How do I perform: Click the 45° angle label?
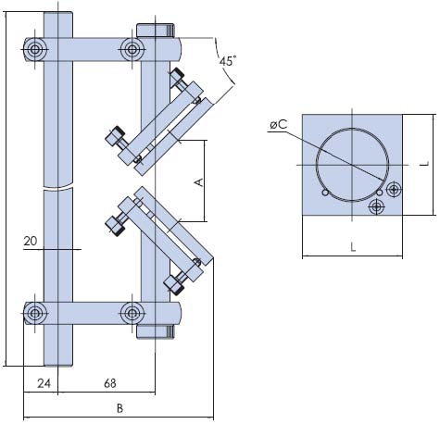coord(228,61)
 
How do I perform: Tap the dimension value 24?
coord(44,383)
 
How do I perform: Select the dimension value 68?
coord(110,383)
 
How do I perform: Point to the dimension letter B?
coord(119,408)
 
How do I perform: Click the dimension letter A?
coord(200,182)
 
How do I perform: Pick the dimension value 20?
coord(31,241)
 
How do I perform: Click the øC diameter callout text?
coord(278,125)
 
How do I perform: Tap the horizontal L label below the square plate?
coord(353,246)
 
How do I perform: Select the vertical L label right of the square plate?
coord(425,164)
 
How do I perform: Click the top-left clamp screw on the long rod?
coord(35,49)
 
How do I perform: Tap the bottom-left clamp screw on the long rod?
coord(35,313)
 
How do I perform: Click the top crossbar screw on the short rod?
coord(132,49)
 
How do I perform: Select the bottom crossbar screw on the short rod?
coord(132,313)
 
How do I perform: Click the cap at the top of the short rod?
coord(156,31)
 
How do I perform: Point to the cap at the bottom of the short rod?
coord(156,331)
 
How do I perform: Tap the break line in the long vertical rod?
coord(58,188)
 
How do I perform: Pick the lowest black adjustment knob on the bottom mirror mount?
coord(174,283)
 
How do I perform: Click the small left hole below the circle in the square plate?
coord(325,193)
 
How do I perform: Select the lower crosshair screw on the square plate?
coord(376,206)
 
